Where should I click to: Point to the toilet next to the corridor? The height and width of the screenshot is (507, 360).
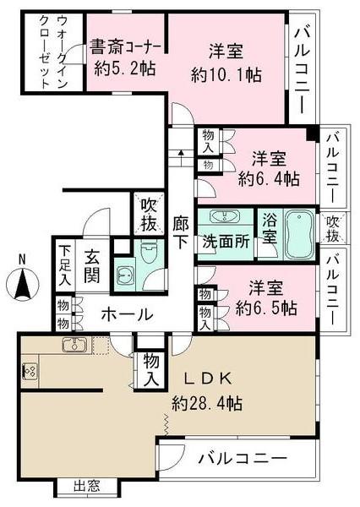pos(149,250)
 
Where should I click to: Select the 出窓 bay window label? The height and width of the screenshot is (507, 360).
pos(88,486)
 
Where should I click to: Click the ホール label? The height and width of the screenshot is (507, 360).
pos(127,315)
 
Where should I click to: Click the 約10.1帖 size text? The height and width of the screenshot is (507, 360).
pos(226,74)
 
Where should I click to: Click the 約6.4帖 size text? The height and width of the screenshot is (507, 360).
pos(268,178)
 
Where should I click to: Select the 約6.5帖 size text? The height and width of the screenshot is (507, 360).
pos(265,306)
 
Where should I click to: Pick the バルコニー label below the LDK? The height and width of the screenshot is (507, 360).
pos(242,460)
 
